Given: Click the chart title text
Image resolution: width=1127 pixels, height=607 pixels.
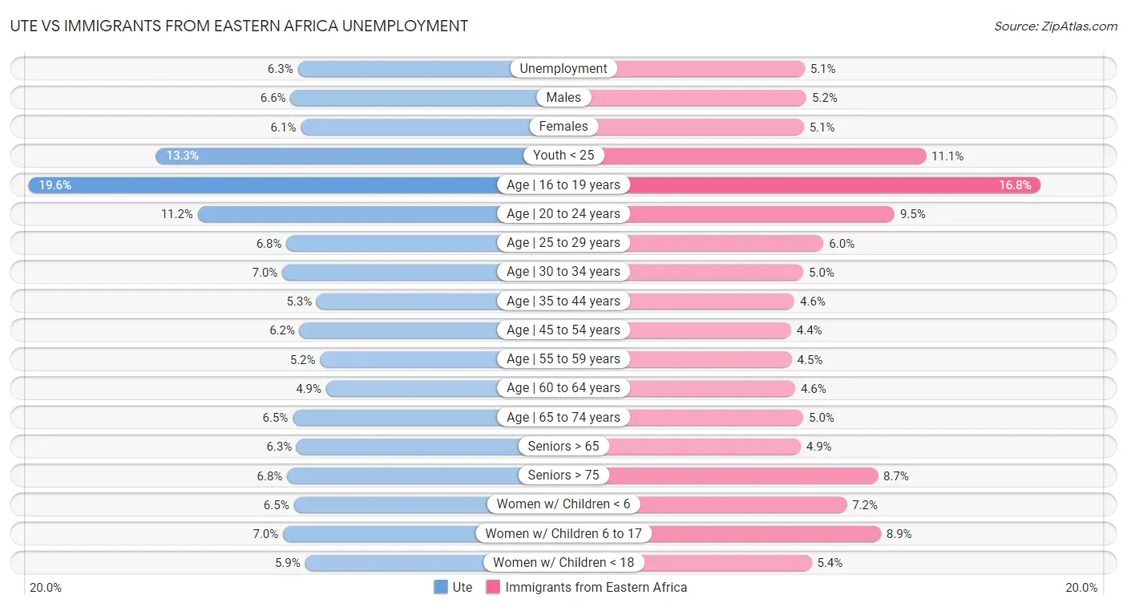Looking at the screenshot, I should click(x=239, y=26).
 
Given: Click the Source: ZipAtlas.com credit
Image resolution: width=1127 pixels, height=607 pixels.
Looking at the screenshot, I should click(x=1055, y=26).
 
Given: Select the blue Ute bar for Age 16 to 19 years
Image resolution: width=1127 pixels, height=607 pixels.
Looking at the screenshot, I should click(x=265, y=185).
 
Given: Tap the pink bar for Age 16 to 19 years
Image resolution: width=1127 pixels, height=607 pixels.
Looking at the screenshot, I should click(x=834, y=185).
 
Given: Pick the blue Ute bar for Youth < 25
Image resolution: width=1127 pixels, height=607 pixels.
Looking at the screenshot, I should click(x=341, y=156).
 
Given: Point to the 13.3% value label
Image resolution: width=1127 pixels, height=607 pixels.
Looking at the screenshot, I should click(x=183, y=156).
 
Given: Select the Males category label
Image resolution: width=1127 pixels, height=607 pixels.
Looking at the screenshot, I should click(x=563, y=98).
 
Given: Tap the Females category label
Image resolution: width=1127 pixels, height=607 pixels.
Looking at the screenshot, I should click(x=563, y=127).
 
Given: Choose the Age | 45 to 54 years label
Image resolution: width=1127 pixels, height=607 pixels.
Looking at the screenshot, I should click(x=563, y=330).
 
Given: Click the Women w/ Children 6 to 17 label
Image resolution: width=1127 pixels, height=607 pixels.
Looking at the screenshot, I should click(x=563, y=534).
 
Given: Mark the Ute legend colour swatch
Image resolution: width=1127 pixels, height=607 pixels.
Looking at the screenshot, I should click(x=441, y=587).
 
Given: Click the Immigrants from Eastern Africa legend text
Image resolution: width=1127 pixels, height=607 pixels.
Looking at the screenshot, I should click(x=596, y=587).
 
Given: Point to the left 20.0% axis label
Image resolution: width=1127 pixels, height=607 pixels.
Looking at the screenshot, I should click(x=46, y=588).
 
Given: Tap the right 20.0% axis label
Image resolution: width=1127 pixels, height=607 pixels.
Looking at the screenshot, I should click(x=1081, y=588).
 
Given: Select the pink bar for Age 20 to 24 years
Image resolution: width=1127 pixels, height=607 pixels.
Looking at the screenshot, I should click(x=761, y=214).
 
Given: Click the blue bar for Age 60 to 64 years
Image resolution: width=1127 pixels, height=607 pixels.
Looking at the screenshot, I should click(x=412, y=388).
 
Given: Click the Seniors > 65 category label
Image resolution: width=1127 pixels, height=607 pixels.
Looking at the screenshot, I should click(x=563, y=447).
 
